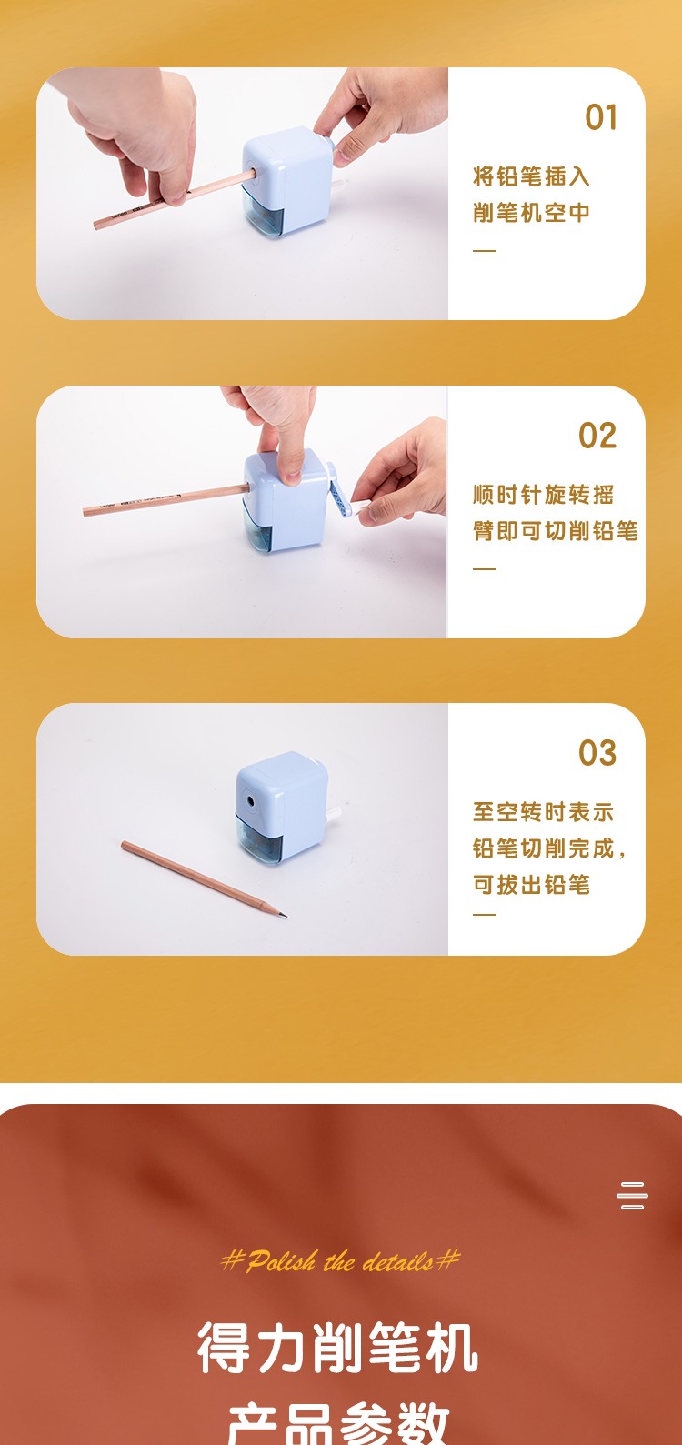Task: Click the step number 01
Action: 601,117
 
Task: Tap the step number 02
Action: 597,436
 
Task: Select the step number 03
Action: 597,753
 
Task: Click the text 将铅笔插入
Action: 531,176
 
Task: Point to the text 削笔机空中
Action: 531,212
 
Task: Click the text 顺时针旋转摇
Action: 543,495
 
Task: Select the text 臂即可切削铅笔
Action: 556,531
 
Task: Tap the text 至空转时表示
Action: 543,812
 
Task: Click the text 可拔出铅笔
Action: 531,885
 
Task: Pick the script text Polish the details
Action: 340,1260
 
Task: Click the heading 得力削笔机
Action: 337,1346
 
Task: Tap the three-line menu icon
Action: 632,1195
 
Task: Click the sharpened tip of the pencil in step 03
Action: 284,915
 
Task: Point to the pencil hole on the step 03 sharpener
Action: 250,802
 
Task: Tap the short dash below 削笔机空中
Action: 485,250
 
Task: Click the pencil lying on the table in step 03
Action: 204,878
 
